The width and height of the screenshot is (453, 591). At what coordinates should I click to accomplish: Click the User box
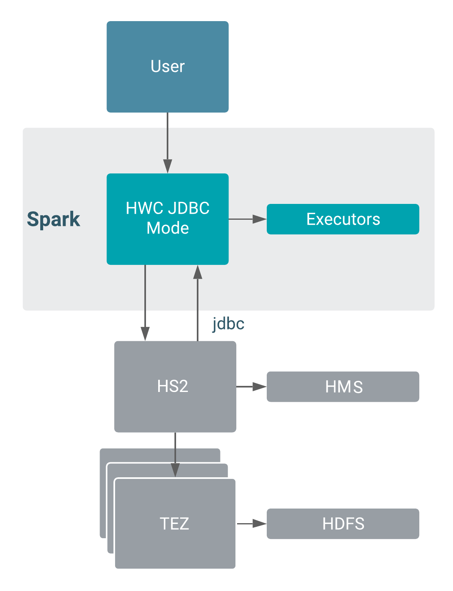[168, 67]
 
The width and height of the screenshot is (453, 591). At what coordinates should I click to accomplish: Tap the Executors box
[343, 219]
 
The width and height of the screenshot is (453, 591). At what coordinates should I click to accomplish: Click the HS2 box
[175, 386]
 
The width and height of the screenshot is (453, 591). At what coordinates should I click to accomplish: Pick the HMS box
[343, 387]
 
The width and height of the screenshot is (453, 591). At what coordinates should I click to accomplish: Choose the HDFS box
[343, 524]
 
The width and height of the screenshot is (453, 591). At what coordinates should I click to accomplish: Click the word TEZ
[174, 524]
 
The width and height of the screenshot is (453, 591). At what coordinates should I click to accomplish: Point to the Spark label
[53, 219]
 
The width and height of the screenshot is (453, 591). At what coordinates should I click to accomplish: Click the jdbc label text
[228, 324]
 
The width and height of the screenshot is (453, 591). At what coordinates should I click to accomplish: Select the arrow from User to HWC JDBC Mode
[168, 142]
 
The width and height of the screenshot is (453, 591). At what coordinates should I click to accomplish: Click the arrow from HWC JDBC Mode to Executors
[247, 219]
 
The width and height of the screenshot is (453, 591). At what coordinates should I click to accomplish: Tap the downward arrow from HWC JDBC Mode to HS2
[145, 303]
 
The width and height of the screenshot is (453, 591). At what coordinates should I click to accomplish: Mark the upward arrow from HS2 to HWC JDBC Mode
[198, 303]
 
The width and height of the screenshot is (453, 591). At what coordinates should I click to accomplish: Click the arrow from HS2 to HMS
[251, 387]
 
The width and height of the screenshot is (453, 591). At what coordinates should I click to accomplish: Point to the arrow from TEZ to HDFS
[251, 524]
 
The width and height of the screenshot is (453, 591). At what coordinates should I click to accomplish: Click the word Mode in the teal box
[168, 228]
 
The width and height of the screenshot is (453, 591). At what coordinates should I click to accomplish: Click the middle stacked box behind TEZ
[111, 508]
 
